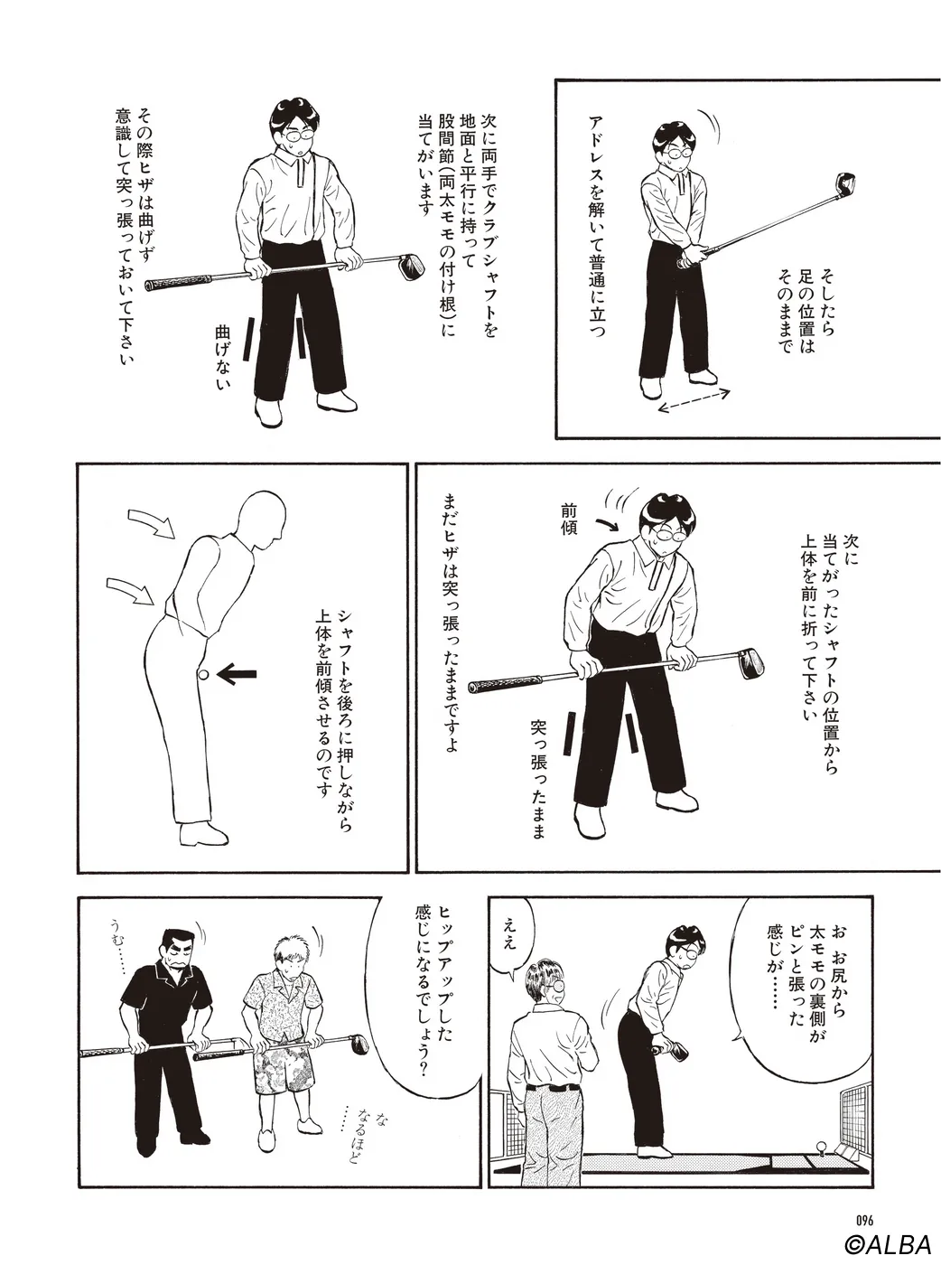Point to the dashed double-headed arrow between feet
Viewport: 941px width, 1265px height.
pos(694,399)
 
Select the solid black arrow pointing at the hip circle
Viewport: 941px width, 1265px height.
pos(237,675)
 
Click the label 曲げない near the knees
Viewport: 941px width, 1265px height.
pos(222,359)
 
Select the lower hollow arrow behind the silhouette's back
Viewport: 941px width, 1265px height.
pos(131,589)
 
